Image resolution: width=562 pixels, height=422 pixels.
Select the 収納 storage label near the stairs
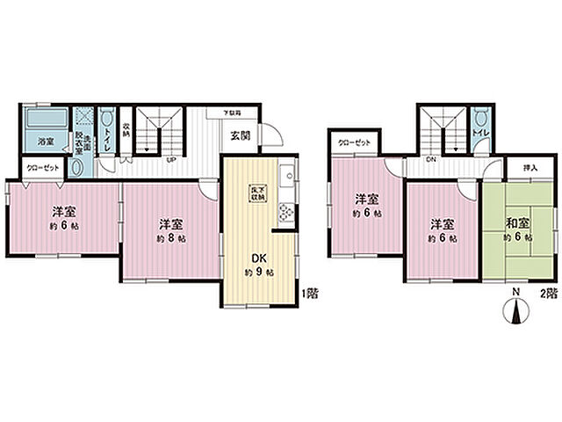pyautogui.click(x=126, y=130)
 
